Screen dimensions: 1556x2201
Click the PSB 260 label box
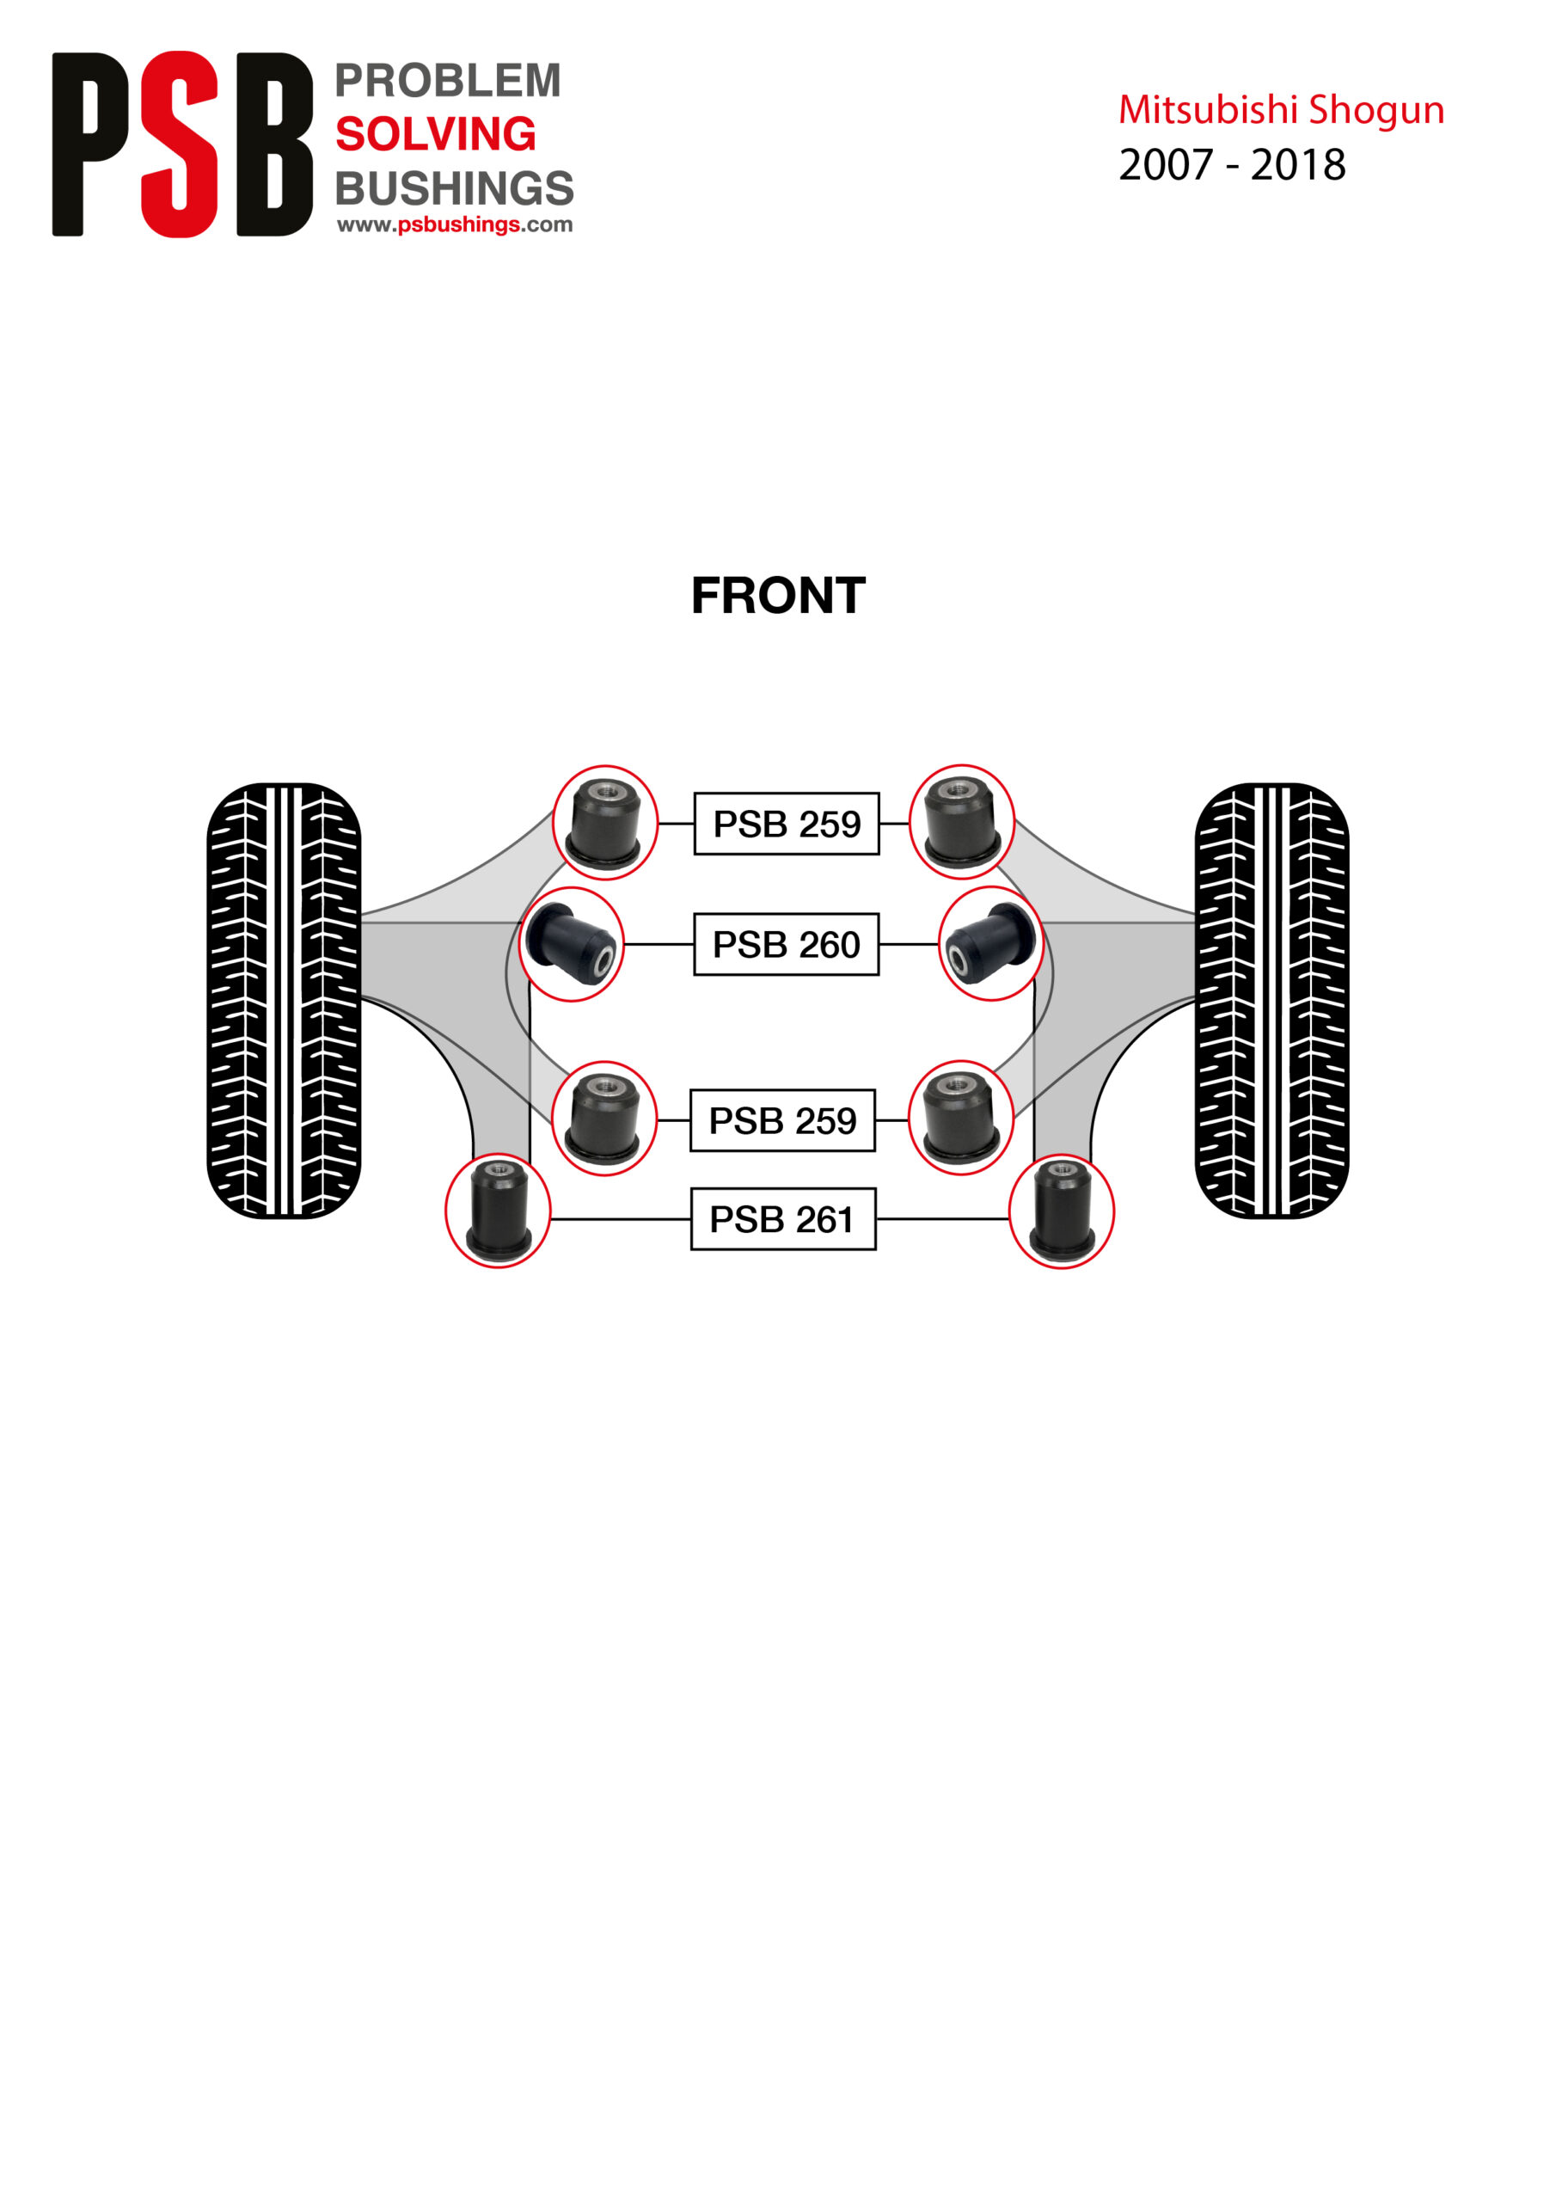pyautogui.click(x=786, y=944)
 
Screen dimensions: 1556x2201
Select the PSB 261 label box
pyautogui.click(x=783, y=1219)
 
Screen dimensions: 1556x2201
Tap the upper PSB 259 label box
pyautogui.click(x=786, y=824)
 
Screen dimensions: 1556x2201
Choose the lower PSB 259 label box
pyautogui.click(x=782, y=1120)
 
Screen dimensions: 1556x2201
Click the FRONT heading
pyautogui.click(x=779, y=597)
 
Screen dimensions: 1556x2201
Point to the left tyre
pyautogui.click(x=284, y=1001)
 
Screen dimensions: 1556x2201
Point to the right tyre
pyautogui.click(x=1271, y=1001)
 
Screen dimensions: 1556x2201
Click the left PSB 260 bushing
pyautogui.click(x=572, y=944)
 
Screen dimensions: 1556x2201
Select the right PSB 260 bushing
pyautogui.click(x=990, y=944)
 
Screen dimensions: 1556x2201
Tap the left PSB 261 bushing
pyautogui.click(x=498, y=1211)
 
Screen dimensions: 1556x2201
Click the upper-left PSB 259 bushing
pyautogui.click(x=605, y=823)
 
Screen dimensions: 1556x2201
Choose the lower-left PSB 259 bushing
pyautogui.click(x=604, y=1119)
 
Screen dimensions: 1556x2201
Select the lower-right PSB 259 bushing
pyautogui.click(x=960, y=1118)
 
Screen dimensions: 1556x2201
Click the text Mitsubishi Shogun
pyautogui.click(x=1281, y=110)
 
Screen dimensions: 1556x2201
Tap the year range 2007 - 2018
pyautogui.click(x=1232, y=165)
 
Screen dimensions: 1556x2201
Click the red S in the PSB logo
pyautogui.click(x=180, y=144)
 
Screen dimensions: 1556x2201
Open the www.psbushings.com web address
pyautogui.click(x=455, y=225)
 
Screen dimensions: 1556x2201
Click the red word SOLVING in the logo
pyautogui.click(x=435, y=134)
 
